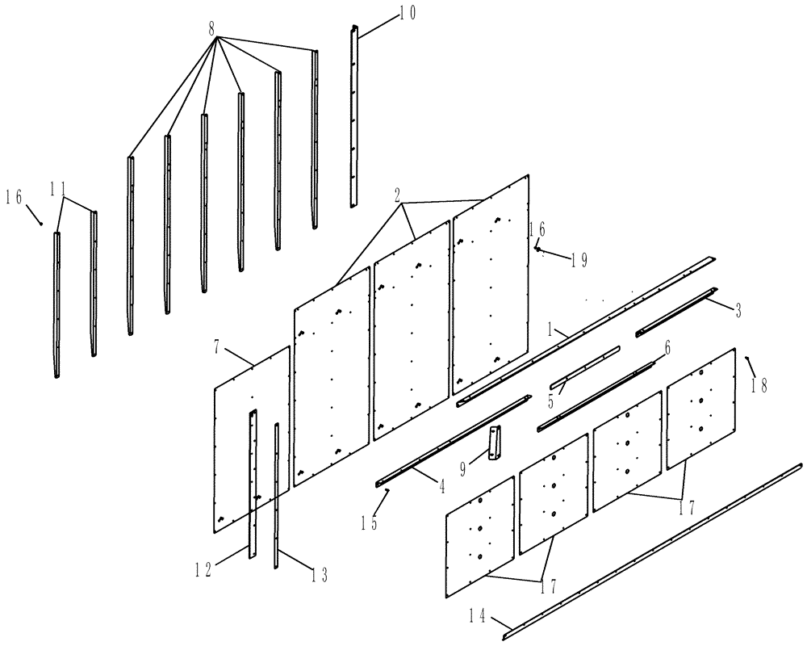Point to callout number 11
57,189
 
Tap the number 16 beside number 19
537,229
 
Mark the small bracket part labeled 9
494,445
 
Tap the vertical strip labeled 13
277,493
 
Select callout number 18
759,386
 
